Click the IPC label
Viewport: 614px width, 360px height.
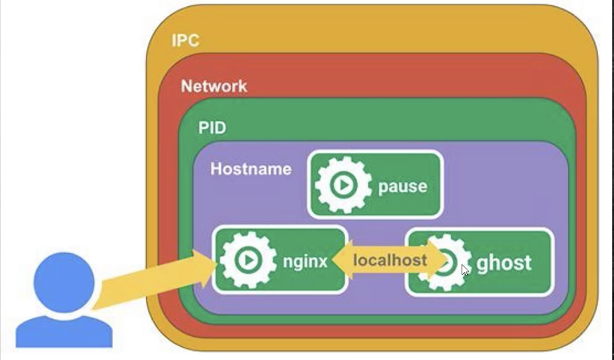tap(185, 41)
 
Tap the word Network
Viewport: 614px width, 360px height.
tap(214, 86)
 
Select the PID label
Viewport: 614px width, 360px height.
tap(212, 128)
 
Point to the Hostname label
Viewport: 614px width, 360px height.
tap(251, 169)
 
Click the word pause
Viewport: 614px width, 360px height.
tap(403, 186)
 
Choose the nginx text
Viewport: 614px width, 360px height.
tap(305, 262)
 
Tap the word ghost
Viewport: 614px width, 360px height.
tap(503, 263)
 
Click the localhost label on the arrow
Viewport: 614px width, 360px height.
tap(390, 260)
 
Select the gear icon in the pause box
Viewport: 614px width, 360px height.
tap(343, 185)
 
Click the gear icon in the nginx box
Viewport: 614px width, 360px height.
tap(248, 260)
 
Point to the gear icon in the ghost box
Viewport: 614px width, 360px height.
tap(444, 262)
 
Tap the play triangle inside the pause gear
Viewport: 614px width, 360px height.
tap(344, 185)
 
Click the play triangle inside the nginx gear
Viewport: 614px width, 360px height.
tap(248, 260)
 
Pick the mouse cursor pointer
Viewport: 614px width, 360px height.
tap(465, 270)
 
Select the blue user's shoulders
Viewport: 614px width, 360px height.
tap(64, 331)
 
